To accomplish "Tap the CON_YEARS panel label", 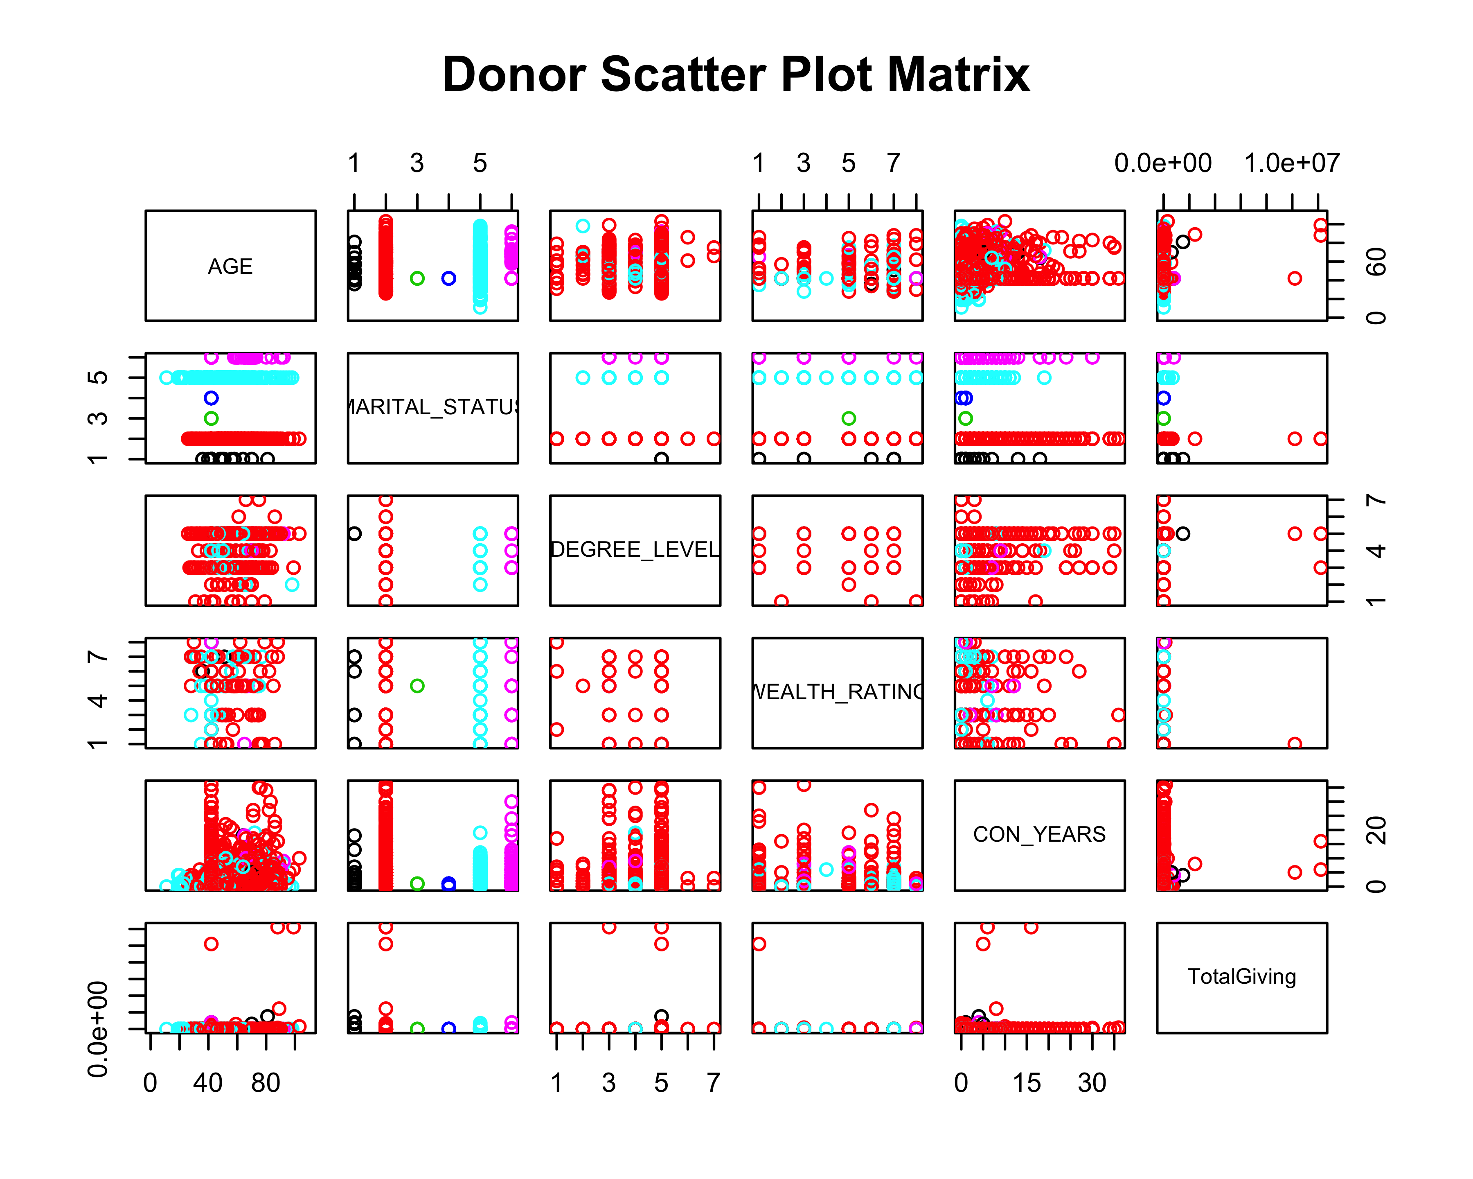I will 1039,835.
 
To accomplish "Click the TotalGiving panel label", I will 1241,977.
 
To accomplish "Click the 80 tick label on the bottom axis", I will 266,1083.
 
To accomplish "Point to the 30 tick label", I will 1092,1083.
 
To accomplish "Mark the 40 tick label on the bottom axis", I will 208,1083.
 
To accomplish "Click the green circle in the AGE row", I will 417,278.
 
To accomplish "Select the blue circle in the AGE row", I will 449,278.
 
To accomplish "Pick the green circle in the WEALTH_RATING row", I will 417,686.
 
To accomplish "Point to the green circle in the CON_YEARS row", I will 417,884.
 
